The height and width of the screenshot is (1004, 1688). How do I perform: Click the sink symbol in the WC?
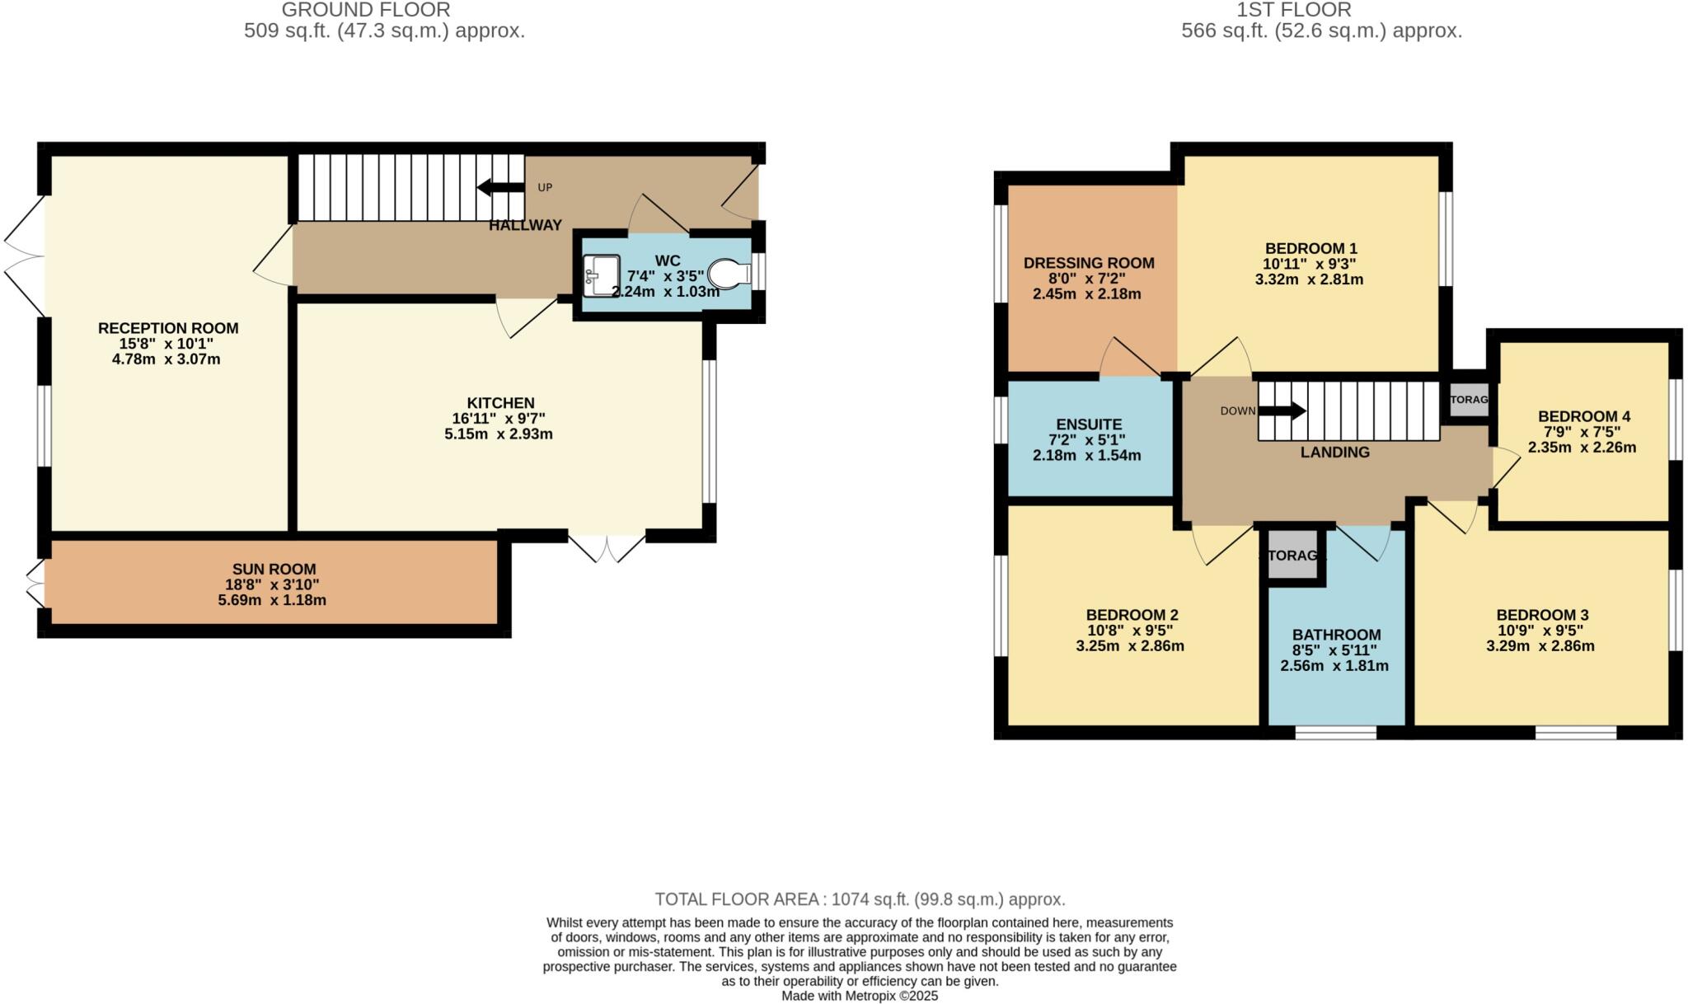click(x=601, y=275)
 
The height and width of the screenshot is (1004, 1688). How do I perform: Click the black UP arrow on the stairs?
click(x=499, y=187)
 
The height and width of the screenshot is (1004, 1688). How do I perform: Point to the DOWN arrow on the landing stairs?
click(x=1282, y=410)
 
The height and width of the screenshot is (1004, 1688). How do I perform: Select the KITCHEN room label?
click(x=500, y=403)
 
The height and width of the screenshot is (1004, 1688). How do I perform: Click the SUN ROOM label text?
click(x=274, y=569)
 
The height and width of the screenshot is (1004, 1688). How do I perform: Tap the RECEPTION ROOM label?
click(x=168, y=328)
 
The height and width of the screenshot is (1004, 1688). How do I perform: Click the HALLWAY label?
click(x=525, y=225)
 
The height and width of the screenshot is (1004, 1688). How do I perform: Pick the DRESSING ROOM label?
click(x=1089, y=263)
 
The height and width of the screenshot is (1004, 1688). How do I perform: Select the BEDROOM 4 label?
click(x=1583, y=416)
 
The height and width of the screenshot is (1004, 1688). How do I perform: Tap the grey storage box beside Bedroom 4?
click(x=1470, y=400)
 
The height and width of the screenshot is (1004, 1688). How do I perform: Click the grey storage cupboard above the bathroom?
click(x=1292, y=556)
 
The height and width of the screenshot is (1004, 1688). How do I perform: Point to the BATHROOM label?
click(x=1336, y=635)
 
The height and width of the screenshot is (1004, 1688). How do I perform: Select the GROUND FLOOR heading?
click(x=366, y=10)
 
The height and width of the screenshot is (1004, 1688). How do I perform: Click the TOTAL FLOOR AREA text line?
click(x=860, y=899)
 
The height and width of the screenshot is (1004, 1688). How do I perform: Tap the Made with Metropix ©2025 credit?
click(x=860, y=996)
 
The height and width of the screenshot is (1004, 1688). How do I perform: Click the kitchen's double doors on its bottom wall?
click(x=607, y=548)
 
